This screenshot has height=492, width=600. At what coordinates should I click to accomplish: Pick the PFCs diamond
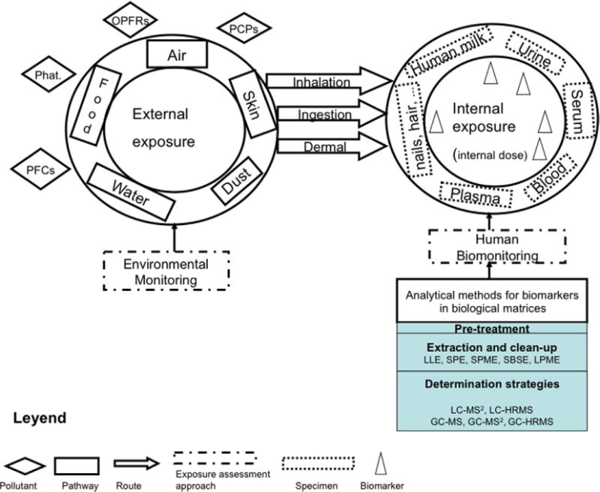point(37,166)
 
